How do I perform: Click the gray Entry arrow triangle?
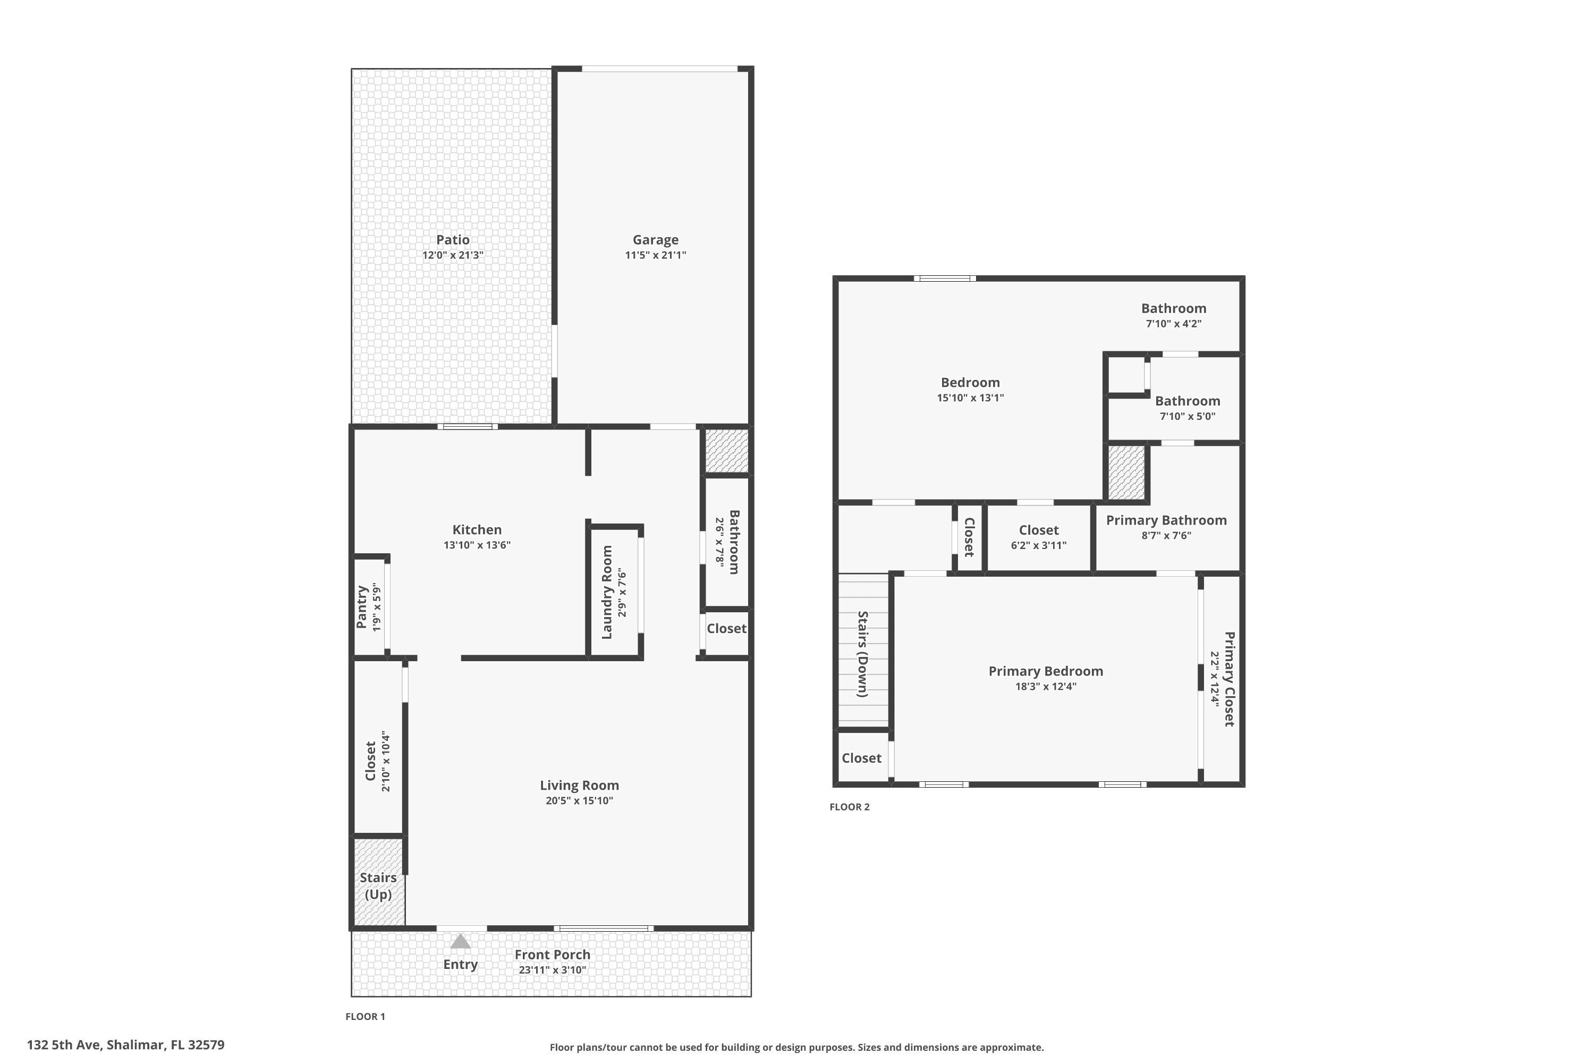(460, 942)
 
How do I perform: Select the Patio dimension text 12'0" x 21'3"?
(452, 256)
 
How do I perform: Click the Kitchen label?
(477, 529)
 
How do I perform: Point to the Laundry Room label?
(607, 592)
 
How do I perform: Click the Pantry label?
(362, 608)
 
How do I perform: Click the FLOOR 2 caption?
(849, 807)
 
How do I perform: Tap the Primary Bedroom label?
(1045, 671)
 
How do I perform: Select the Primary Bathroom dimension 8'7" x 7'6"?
(1166, 536)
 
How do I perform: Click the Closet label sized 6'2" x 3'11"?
(1038, 530)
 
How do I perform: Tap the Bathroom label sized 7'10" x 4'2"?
(1173, 308)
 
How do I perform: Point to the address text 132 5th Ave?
(125, 1045)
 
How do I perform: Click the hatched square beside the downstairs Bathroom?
(726, 450)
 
